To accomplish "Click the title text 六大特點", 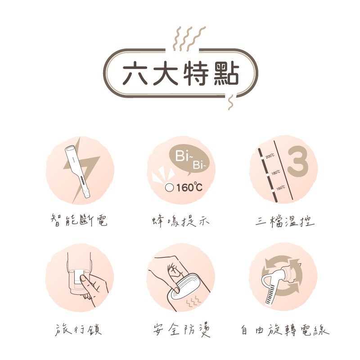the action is [181, 73].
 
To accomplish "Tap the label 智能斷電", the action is [79, 220].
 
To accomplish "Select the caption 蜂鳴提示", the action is [180, 221].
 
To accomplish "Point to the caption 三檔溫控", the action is [285, 221].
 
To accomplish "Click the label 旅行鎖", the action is [78, 330].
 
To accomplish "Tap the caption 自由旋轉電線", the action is [285, 330].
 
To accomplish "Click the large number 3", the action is [297, 162].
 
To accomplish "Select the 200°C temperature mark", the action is [270, 156].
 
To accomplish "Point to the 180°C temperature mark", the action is [276, 172].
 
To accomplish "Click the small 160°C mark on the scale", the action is [280, 188].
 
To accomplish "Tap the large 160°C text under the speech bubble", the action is [189, 187].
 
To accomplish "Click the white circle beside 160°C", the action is [169, 188].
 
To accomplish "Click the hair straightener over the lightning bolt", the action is [77, 171].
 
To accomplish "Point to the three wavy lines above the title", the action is [189, 39].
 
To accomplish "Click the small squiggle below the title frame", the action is [230, 102].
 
